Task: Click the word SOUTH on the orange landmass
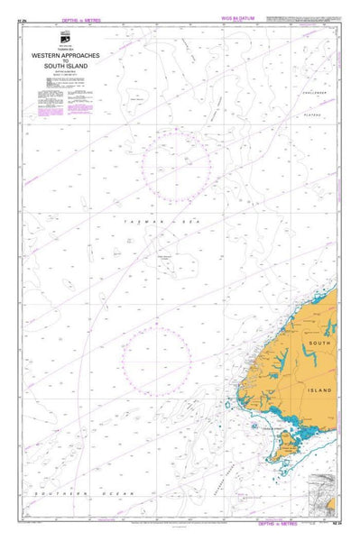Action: click(x=320, y=344)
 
